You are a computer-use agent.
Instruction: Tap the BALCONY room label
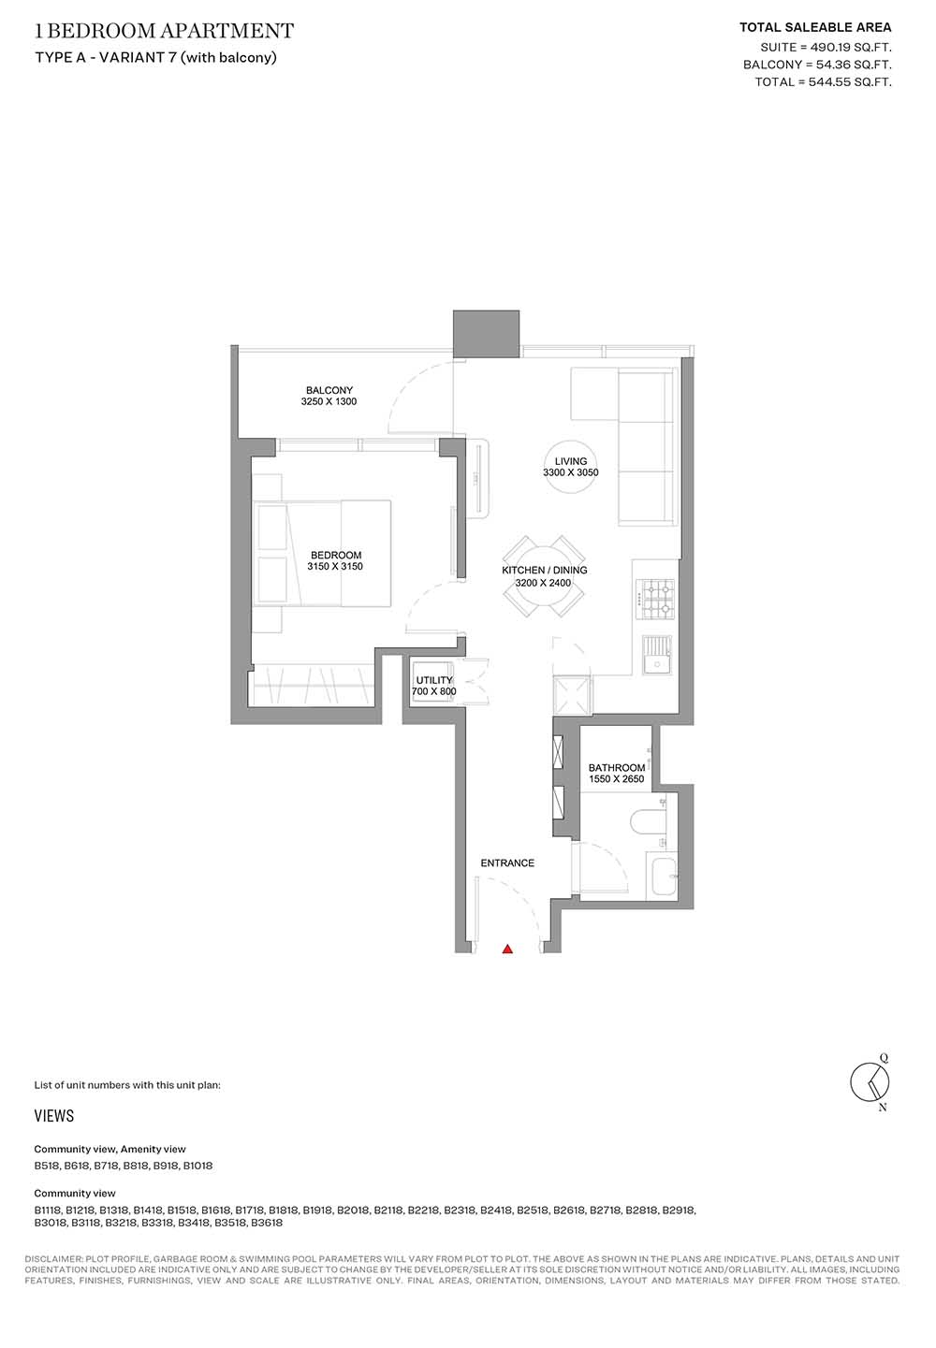coord(329,390)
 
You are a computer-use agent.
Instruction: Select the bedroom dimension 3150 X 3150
coord(335,566)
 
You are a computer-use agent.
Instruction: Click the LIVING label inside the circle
coord(570,461)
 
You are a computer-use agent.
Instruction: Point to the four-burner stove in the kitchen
coord(657,600)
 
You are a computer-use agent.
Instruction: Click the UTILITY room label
coord(433,680)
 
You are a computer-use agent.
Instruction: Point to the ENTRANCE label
coord(507,862)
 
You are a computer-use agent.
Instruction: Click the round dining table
coord(543,576)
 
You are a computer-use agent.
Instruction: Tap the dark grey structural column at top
coord(486,335)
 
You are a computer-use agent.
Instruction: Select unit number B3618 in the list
coord(266,1224)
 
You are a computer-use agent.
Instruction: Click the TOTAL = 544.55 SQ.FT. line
coord(824,81)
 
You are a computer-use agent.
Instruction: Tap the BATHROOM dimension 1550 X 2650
coord(616,779)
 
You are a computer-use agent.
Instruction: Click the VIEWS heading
coord(54,1116)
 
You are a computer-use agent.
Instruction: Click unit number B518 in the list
coord(47,1166)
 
